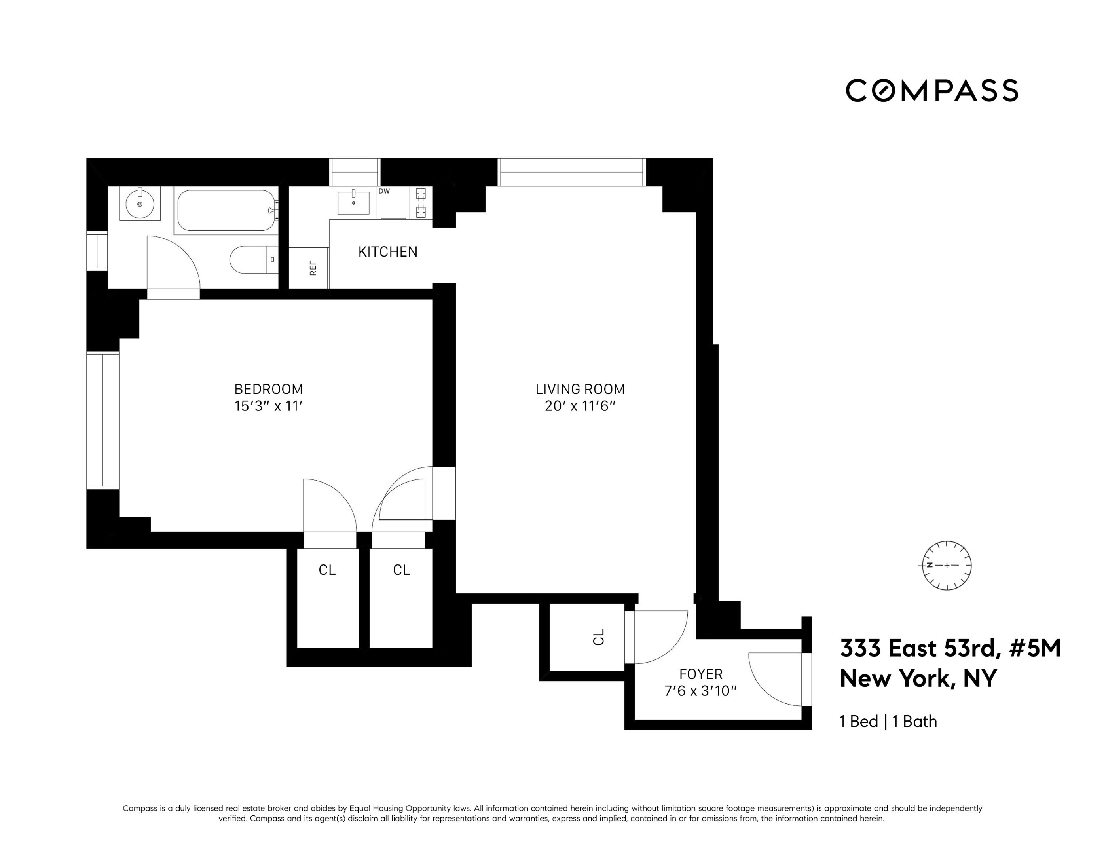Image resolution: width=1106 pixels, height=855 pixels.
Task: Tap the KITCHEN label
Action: [387, 252]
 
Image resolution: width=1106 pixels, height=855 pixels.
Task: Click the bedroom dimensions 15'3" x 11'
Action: [268, 406]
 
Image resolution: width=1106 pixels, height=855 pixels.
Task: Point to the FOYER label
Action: [700, 674]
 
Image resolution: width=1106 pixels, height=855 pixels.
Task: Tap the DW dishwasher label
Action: [384, 192]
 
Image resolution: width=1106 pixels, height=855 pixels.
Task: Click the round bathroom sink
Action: [140, 203]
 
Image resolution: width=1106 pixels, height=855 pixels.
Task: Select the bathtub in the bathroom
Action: [226, 210]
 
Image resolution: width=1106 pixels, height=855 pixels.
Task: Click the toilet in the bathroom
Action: [253, 260]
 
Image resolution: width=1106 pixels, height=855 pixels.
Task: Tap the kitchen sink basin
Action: [353, 203]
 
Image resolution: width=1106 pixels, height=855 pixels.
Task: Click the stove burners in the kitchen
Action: [421, 202]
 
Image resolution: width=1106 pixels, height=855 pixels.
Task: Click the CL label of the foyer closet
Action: [599, 637]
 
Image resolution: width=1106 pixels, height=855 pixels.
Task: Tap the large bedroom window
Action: [103, 420]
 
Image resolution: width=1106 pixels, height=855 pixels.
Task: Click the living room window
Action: [571, 172]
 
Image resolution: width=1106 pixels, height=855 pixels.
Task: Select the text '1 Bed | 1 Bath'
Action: [888, 721]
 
